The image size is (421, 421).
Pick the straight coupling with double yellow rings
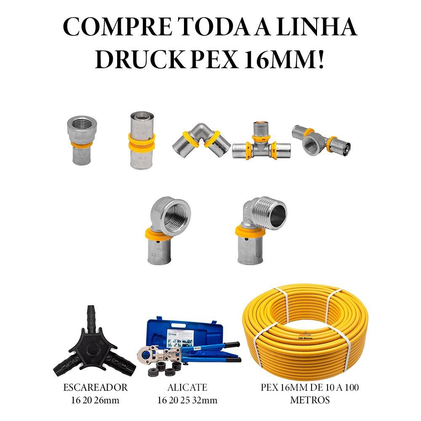click(142, 140)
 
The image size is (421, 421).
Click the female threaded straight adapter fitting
click(82, 140)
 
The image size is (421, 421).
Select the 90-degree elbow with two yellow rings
click(201, 139)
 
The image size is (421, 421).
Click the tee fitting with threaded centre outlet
click(320, 140)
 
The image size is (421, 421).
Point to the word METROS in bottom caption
click(309, 400)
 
